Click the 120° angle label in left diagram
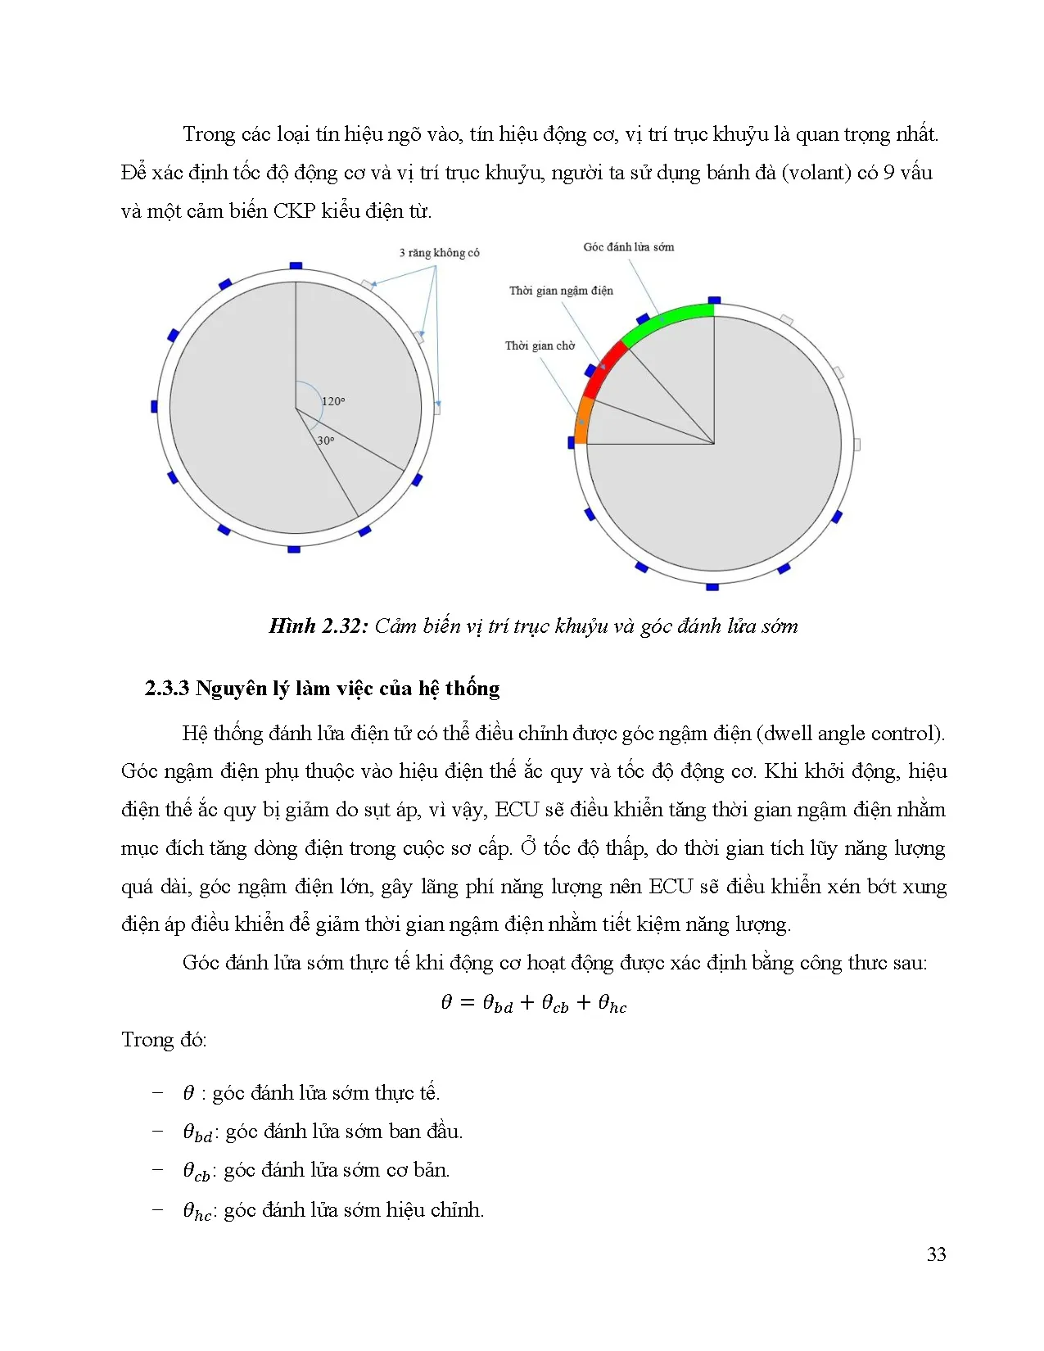click(333, 401)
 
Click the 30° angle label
click(326, 441)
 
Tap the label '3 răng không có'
click(439, 253)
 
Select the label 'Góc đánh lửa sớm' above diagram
click(628, 247)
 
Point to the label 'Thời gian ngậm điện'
click(561, 291)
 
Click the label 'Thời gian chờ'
click(540, 346)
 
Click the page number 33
click(936, 1254)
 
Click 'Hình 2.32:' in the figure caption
click(316, 626)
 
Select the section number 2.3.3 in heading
click(166, 689)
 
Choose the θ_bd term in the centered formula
click(498, 1004)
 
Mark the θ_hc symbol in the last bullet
click(197, 1211)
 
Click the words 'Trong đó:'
click(164, 1040)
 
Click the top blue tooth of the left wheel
click(296, 265)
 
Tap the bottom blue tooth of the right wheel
click(712, 587)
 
